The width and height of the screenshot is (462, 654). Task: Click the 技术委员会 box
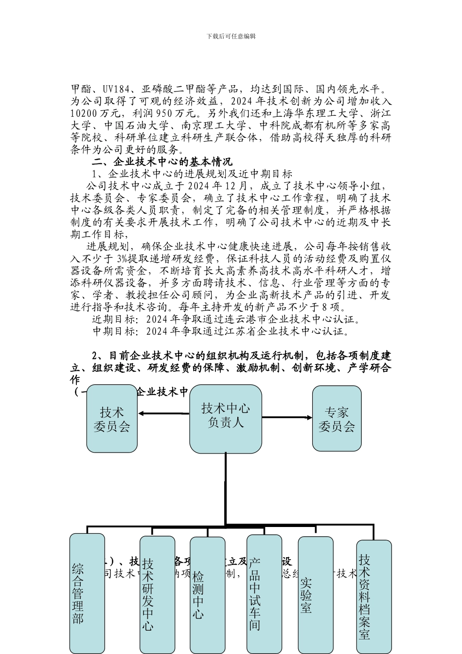112,419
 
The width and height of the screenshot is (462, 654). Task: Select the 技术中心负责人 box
225,418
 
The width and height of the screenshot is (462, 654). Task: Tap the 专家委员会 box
337,418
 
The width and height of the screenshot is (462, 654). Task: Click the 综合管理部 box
87,594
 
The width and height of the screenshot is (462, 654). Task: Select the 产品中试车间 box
264,594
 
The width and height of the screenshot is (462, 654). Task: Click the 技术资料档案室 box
373,596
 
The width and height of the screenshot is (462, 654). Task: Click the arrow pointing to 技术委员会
163,414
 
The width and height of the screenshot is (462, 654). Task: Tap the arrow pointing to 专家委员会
287,418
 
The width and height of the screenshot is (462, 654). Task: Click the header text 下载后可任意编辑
231,36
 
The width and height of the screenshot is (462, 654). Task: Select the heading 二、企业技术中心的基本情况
162,162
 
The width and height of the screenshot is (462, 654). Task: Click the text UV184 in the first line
115,90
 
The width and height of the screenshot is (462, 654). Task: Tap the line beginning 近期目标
227,320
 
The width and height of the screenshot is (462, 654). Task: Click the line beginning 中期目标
221,332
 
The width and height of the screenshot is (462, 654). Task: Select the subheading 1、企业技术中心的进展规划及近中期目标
192,174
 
